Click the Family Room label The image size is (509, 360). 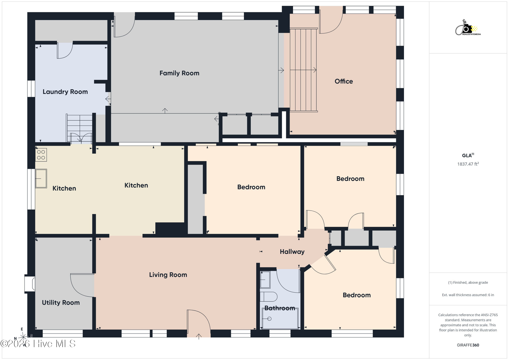(x=179, y=73)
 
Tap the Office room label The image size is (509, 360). (x=343, y=81)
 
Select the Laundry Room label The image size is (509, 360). (x=65, y=92)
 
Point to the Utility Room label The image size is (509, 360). (x=61, y=303)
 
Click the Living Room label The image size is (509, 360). (x=168, y=275)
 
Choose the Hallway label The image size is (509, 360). (x=292, y=252)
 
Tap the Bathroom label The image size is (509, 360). (x=280, y=308)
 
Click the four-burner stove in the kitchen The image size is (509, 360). (x=41, y=155)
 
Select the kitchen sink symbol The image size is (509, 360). (x=41, y=178)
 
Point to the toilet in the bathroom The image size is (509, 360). (x=269, y=297)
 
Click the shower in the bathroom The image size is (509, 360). (x=280, y=319)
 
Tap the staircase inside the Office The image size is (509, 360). (x=304, y=70)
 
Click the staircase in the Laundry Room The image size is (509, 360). (x=79, y=129)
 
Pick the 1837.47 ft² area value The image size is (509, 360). (x=468, y=164)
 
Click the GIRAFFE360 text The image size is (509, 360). (x=468, y=345)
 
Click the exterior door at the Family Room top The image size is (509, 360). (x=124, y=25)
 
